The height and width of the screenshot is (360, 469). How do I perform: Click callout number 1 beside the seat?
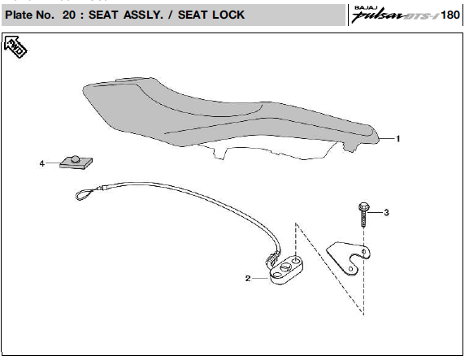[397, 139]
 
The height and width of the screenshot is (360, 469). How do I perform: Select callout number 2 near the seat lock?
[248, 279]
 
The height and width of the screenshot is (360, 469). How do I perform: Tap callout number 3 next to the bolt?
[386, 213]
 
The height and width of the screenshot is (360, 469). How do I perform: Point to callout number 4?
[42, 163]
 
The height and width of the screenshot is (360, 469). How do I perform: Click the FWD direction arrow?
[15, 47]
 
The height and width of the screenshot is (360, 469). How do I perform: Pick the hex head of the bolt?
[363, 207]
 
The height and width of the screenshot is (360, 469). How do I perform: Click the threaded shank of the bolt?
[363, 219]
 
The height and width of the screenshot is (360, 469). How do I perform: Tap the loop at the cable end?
[84, 194]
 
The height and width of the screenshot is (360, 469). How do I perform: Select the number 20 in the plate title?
[69, 15]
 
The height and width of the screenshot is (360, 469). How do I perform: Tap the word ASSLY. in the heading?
[143, 15]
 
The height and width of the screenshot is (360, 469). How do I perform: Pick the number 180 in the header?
[450, 15]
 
